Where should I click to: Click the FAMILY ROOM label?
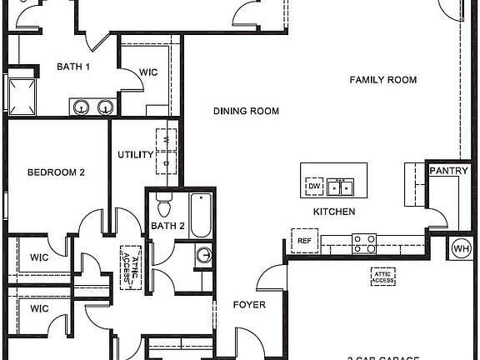coord(382,80)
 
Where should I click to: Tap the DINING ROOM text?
coord(246,111)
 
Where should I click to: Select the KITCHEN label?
coord(334,212)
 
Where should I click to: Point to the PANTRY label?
coord(449,171)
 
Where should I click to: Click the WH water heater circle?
coord(461,247)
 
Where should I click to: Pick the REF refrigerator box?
coord(303,241)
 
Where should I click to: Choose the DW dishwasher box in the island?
coord(314,186)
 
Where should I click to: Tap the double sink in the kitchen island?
coord(341,185)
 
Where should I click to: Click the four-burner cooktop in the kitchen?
coord(364,242)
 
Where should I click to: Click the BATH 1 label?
coord(73,67)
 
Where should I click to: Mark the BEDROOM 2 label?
coord(56,172)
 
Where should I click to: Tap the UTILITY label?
coord(134,155)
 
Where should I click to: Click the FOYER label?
coord(248,305)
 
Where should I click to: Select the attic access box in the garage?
coord(382,277)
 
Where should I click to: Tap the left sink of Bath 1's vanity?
coord(82,106)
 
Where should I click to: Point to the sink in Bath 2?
coord(204,256)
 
